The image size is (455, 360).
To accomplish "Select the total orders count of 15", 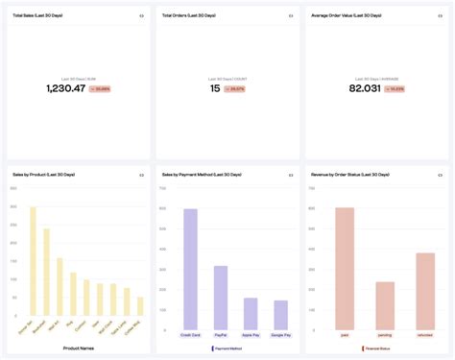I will point(216,88).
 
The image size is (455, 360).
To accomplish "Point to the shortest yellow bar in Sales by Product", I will point(140,306).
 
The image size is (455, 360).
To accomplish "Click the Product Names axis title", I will point(79,348).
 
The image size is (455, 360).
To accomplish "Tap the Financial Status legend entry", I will point(377,348).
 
